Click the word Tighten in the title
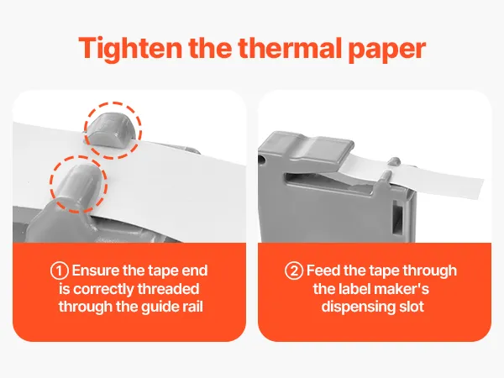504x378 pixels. pyautogui.click(x=130, y=48)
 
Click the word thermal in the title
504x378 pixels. pyautogui.click(x=289, y=48)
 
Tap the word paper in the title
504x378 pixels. pyautogui.click(x=387, y=50)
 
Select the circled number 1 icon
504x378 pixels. pyautogui.click(x=60, y=270)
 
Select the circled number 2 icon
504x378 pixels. pyautogui.click(x=294, y=270)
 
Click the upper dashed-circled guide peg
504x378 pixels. pyautogui.click(x=109, y=129)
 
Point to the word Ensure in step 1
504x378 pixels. pyautogui.click(x=96, y=270)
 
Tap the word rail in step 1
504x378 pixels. pyautogui.click(x=193, y=307)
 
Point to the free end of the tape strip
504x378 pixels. pyautogui.click(x=480, y=189)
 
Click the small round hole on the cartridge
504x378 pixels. pyautogui.click(x=261, y=160)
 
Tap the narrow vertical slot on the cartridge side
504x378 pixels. pyautogui.click(x=397, y=217)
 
